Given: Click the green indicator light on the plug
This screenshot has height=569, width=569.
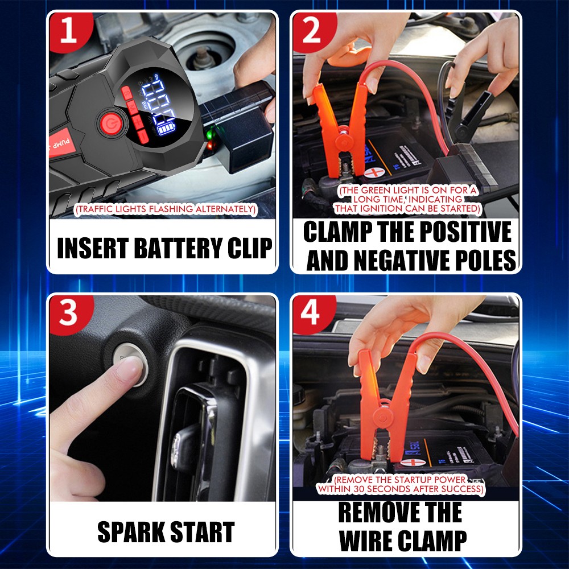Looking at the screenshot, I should [x=210, y=135].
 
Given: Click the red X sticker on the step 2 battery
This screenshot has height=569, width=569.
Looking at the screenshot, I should [x=374, y=172].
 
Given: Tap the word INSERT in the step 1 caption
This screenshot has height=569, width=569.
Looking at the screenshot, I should [x=92, y=249].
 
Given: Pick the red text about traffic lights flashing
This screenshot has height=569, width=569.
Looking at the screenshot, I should [x=166, y=210].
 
